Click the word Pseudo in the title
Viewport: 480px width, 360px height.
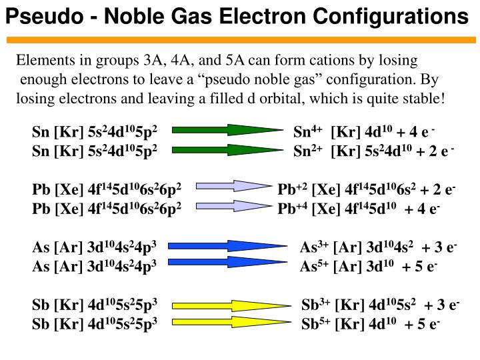coord(45,17)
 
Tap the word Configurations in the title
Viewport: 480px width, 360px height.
coord(391,17)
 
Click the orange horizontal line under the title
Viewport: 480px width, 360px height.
coord(241,40)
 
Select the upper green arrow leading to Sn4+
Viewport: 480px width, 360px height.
coord(228,130)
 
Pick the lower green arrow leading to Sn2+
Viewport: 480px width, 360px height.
coord(228,150)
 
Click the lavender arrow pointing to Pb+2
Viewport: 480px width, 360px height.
coord(234,186)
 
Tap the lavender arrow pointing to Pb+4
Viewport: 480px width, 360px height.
coord(234,206)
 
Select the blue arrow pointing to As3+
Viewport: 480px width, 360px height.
coord(228,246)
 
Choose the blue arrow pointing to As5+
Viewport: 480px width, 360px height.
coord(228,262)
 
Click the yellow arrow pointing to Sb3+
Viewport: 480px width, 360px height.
coord(232,306)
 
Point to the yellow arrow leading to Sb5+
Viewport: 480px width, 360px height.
coord(232,322)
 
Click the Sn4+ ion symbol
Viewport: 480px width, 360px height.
coord(307,131)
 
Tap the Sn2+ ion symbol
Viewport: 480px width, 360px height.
coord(307,151)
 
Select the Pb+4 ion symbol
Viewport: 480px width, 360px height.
coord(293,209)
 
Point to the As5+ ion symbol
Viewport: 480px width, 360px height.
coord(314,266)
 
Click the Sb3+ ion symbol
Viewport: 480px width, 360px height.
coord(315,305)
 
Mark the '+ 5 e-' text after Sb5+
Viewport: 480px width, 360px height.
coord(423,324)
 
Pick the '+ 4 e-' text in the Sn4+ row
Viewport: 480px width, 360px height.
coord(416,132)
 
